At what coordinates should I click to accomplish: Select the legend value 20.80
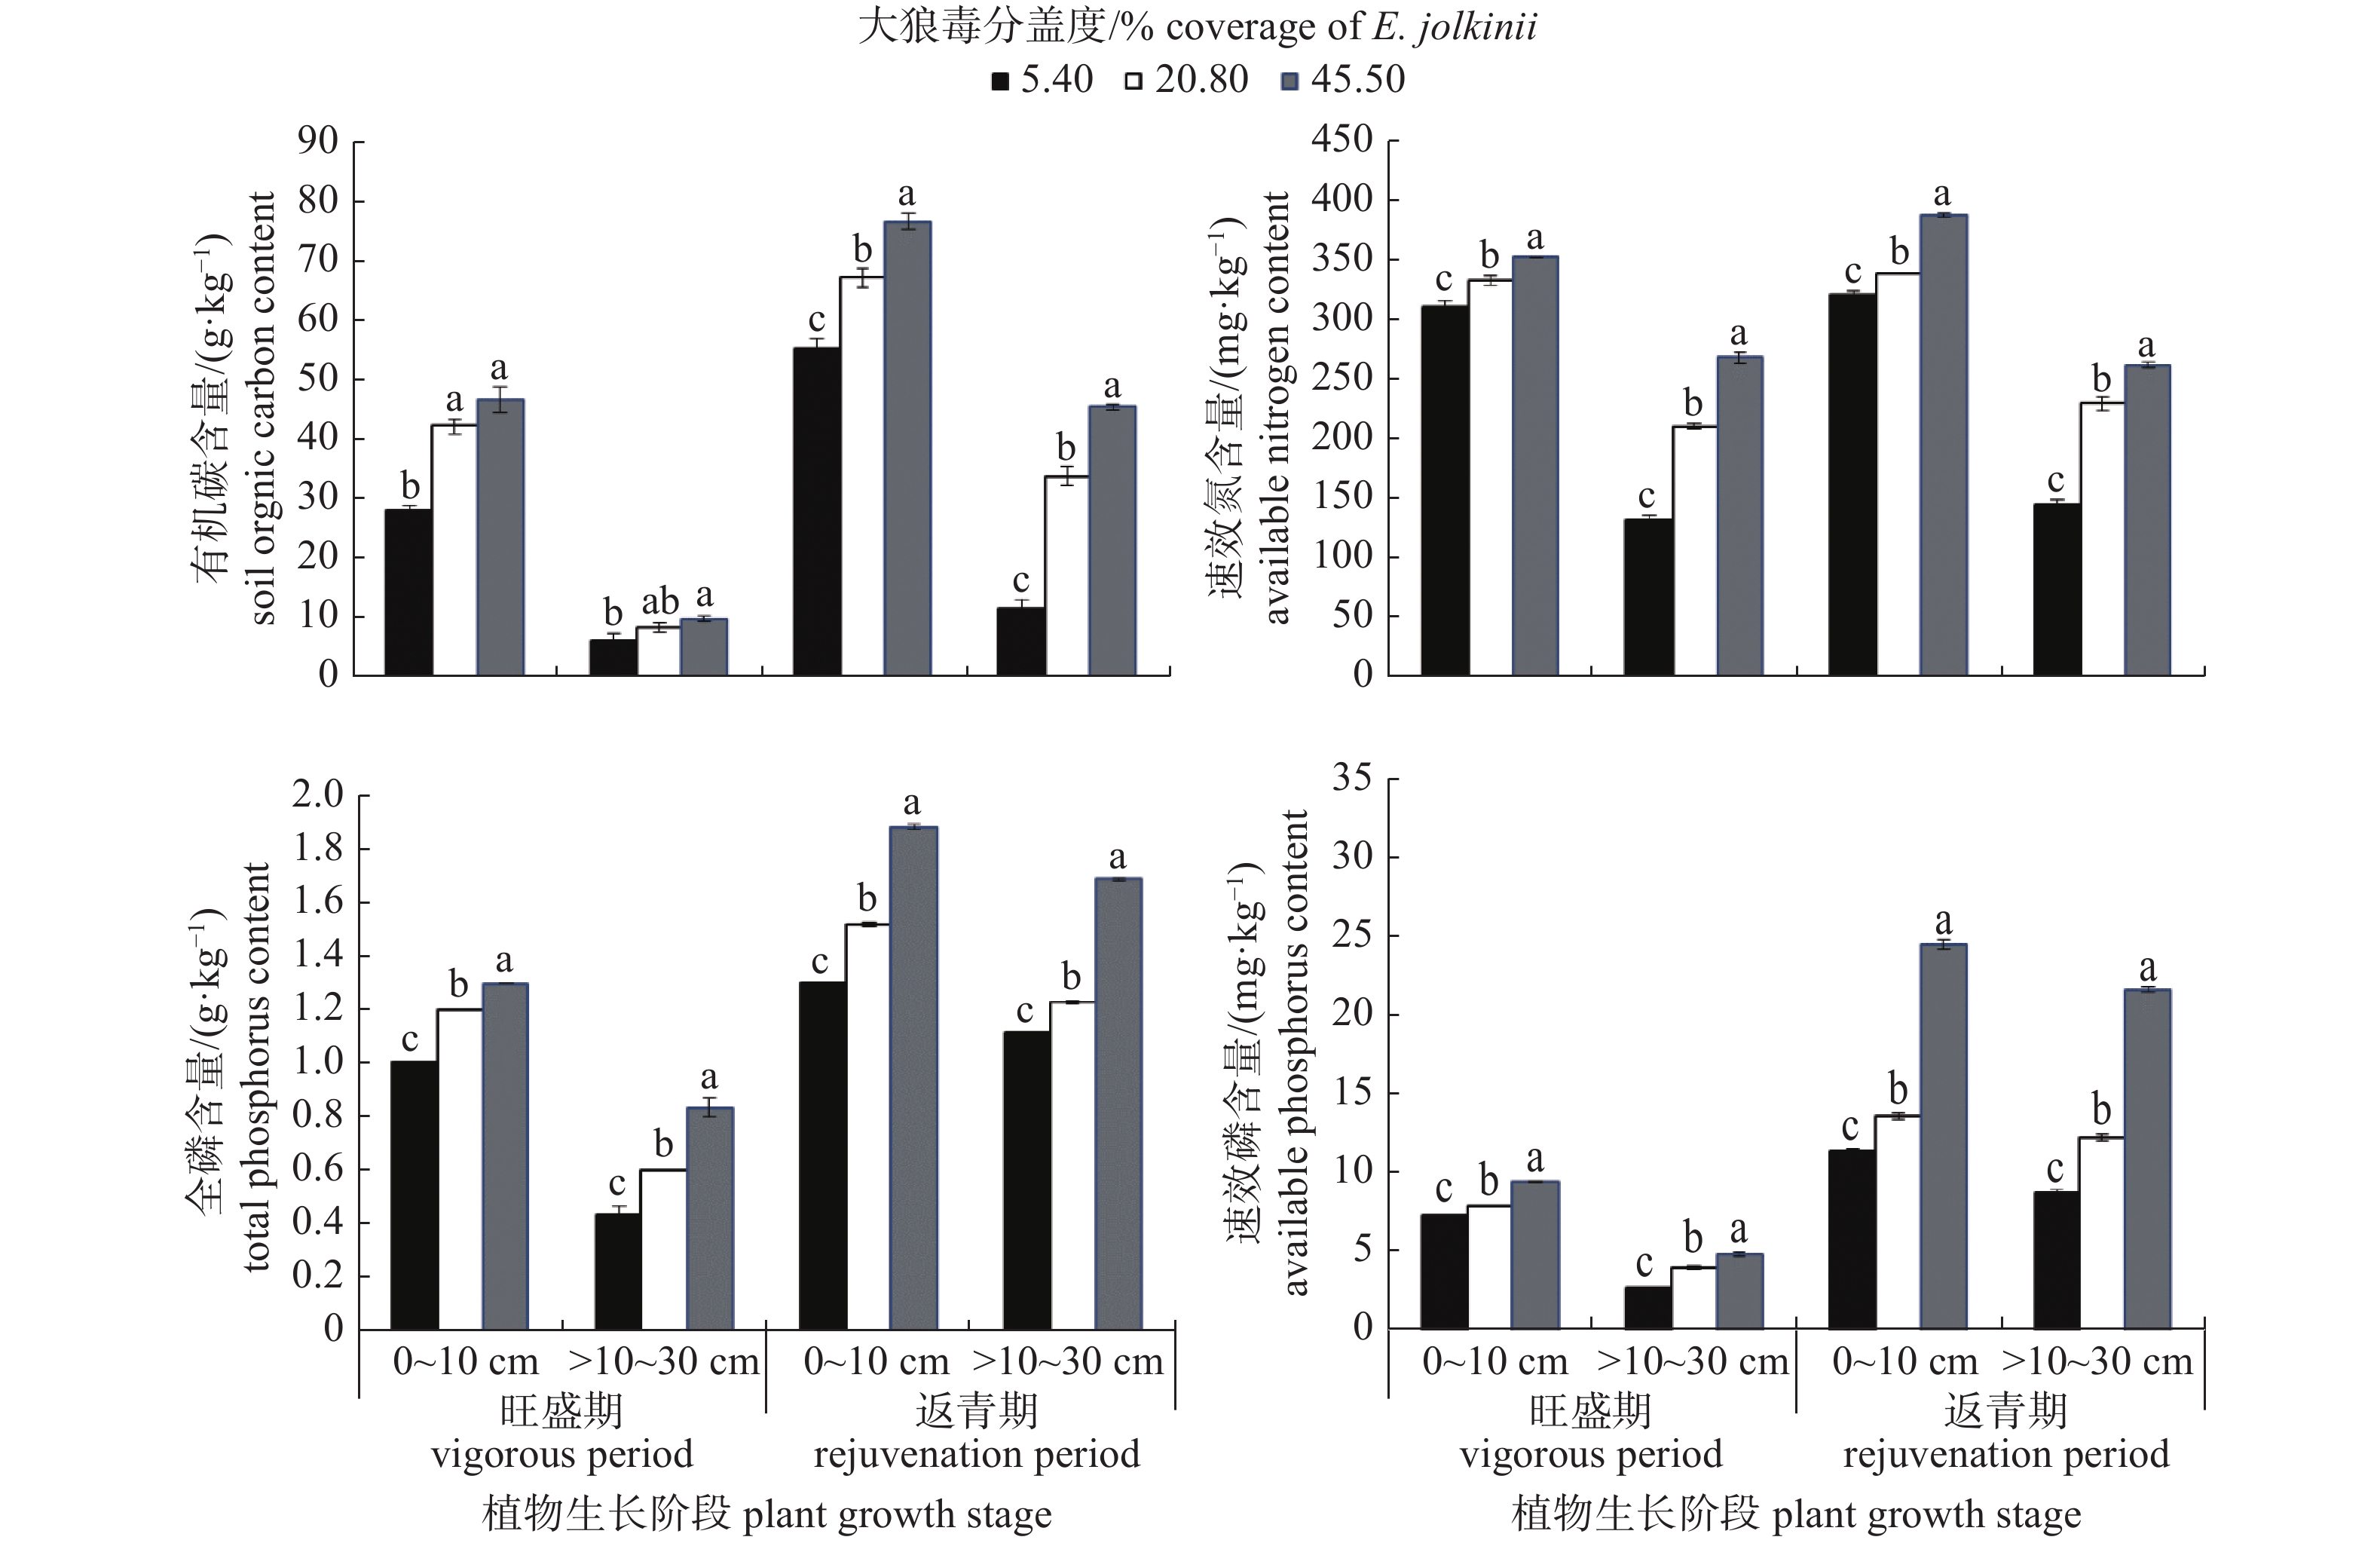(1201, 80)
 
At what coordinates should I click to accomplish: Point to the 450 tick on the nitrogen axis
(1341, 139)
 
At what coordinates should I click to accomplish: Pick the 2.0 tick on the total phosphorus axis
(317, 795)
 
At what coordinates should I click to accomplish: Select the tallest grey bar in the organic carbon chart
(907, 448)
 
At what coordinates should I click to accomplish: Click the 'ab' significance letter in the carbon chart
(659, 602)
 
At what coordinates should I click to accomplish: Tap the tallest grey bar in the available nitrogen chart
(1943, 445)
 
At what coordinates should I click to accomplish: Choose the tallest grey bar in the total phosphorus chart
(913, 1077)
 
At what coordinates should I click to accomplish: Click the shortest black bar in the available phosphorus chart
(1647, 1308)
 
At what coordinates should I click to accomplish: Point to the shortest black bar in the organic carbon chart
(613, 657)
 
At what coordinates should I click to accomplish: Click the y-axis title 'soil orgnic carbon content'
(262, 409)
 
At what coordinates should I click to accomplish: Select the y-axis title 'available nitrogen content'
(1277, 409)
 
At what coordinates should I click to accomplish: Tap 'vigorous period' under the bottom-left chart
(561, 1453)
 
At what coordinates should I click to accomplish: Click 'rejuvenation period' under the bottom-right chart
(2006, 1453)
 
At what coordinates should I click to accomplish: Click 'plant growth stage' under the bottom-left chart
(897, 1514)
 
